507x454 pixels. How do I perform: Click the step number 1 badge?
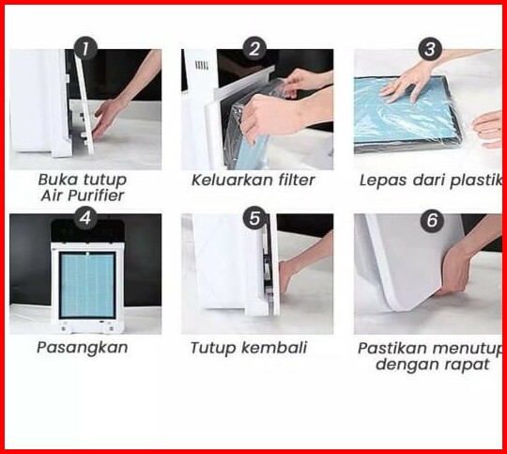[85, 49]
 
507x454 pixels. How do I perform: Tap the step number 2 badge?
[254, 49]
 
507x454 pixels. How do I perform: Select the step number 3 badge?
[430, 49]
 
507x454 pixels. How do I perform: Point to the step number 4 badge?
[85, 218]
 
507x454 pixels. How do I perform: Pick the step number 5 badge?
[254, 218]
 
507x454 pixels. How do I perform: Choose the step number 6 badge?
[432, 220]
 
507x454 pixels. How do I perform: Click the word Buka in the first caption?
[58, 180]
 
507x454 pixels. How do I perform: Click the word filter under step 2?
[295, 180]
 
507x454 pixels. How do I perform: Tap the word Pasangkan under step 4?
[83, 349]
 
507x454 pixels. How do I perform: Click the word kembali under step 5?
[274, 348]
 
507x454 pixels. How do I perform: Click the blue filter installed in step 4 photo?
[87, 285]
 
